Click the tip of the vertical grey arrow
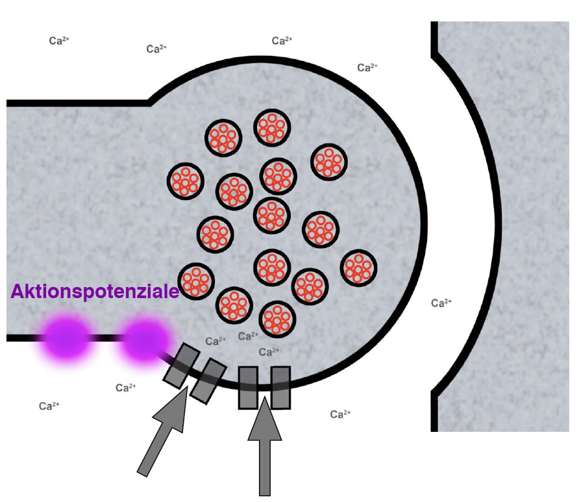265,397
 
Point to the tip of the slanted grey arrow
188,386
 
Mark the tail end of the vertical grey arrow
265,496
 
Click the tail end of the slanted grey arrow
142,474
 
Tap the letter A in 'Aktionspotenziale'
18,292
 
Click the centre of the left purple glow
66,338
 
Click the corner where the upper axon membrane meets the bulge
149,103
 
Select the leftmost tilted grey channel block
182,366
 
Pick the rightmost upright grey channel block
281,388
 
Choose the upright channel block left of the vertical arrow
248,388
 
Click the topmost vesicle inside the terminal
272,127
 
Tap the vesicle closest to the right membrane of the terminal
358,268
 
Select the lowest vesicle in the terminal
277,319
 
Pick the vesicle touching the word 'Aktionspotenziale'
196,281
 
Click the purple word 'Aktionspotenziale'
95,292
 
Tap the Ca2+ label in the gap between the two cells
441,303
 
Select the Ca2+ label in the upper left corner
59,40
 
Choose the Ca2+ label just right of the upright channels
340,414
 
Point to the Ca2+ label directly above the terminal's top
282,40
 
